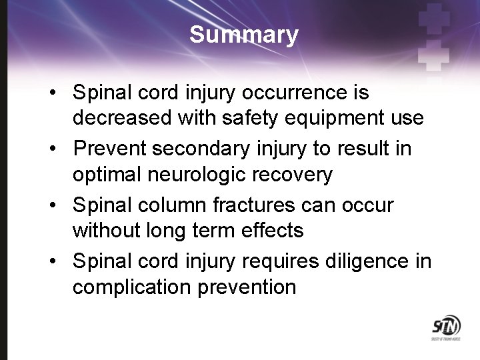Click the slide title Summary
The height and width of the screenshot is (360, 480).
(x=243, y=35)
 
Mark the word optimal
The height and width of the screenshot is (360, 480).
(x=105, y=175)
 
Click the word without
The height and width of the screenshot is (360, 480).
(x=105, y=231)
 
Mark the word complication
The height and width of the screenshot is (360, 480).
(x=135, y=288)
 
